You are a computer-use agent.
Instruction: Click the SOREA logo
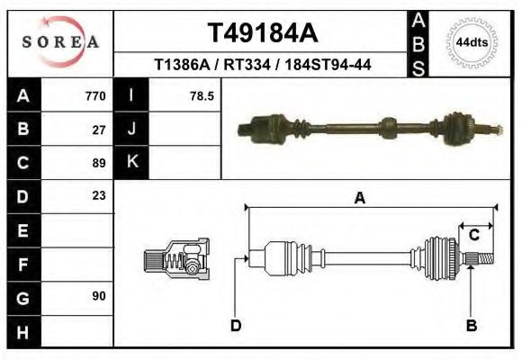(60, 42)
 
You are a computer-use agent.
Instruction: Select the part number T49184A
(263, 33)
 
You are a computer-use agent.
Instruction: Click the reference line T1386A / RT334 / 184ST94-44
(263, 65)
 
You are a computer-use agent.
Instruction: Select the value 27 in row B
(99, 129)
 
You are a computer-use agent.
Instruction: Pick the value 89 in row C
(99, 163)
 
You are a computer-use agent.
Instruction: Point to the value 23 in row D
(99, 195)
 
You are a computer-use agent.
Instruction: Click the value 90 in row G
(99, 295)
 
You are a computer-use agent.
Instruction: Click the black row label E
(22, 230)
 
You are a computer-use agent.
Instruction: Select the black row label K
(131, 163)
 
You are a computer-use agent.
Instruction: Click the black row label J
(131, 129)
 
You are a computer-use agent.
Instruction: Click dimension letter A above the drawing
(360, 199)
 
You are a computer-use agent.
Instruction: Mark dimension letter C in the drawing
(473, 235)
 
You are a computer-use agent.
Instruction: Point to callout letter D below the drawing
(235, 326)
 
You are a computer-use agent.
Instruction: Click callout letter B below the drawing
(471, 326)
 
